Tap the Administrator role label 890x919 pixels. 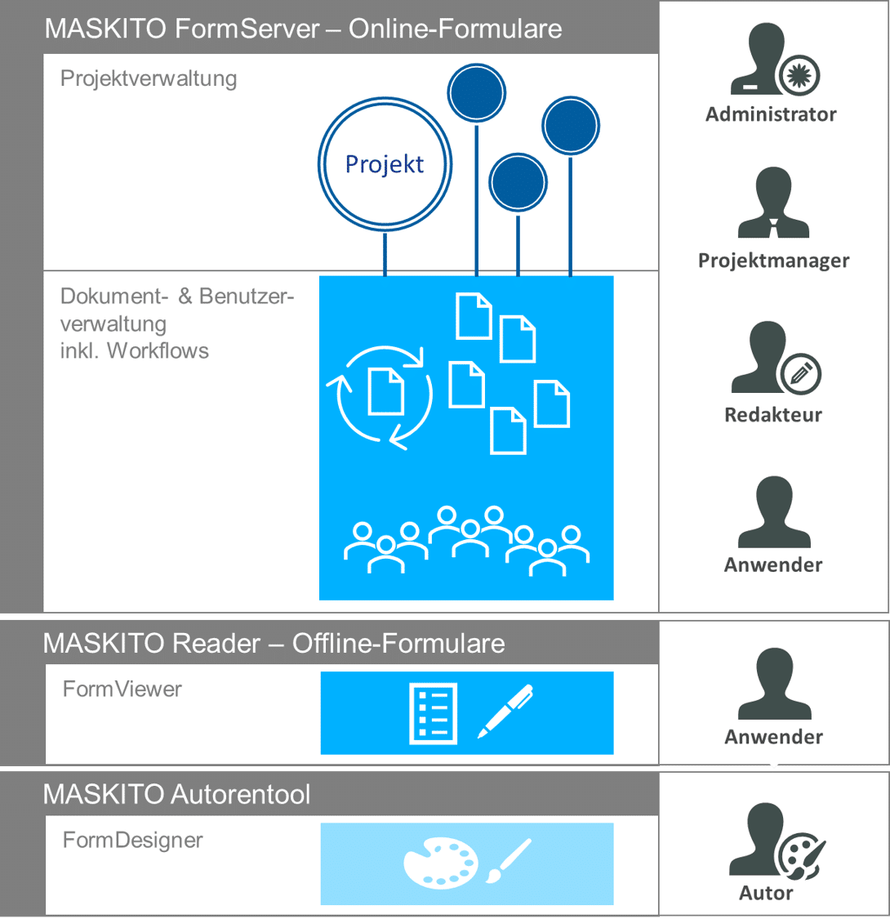click(771, 114)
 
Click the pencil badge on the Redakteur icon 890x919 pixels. click(801, 373)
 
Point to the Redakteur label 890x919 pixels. click(773, 415)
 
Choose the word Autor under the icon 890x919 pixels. click(766, 893)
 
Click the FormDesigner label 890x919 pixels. click(132, 840)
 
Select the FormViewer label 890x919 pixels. click(122, 689)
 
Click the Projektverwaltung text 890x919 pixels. click(149, 79)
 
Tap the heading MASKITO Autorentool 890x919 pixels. click(176, 794)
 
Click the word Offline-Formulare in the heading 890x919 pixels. click(398, 644)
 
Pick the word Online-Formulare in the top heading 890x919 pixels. click(456, 29)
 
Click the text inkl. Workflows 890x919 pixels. click(135, 351)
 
